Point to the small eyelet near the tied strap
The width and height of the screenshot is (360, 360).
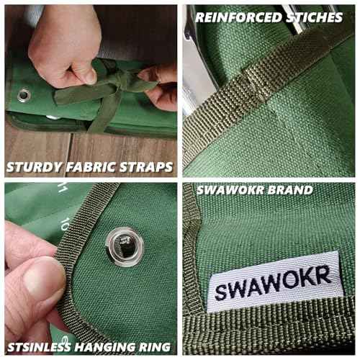pyautogui.click(x=24, y=95)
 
